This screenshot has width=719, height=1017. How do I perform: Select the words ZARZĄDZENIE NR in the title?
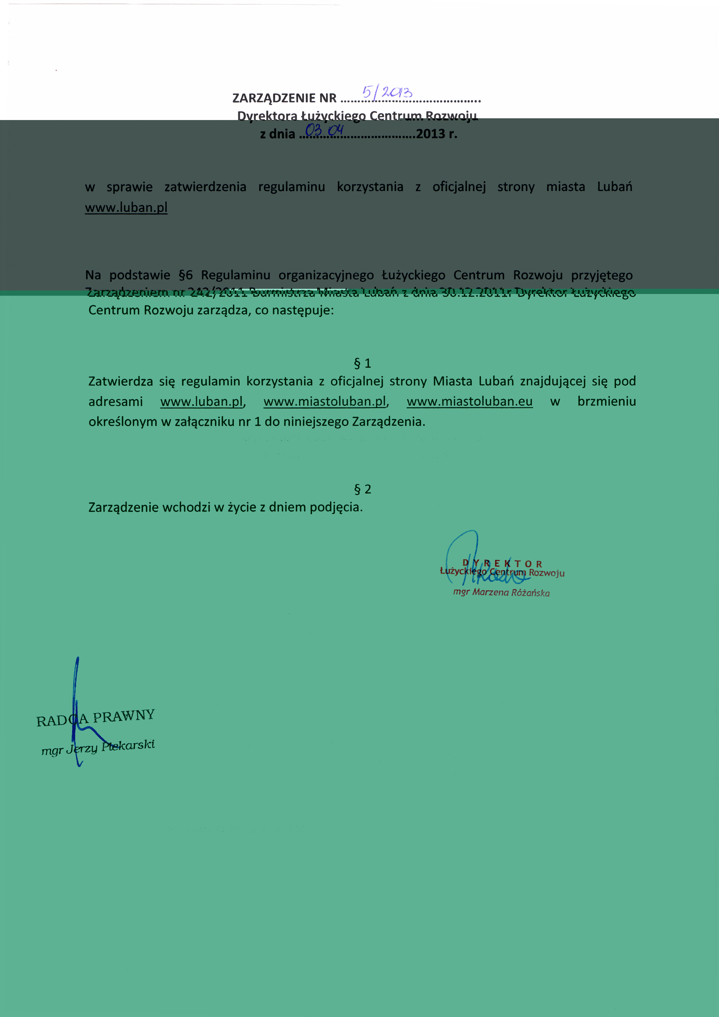click(284, 98)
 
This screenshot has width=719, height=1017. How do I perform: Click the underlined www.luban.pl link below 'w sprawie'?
click(126, 207)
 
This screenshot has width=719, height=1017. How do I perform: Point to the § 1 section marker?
click(362, 363)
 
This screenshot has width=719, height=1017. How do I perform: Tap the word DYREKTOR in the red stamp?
click(502, 563)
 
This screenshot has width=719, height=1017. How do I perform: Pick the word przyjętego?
click(602, 275)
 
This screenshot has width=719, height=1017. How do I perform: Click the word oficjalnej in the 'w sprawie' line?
click(459, 187)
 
